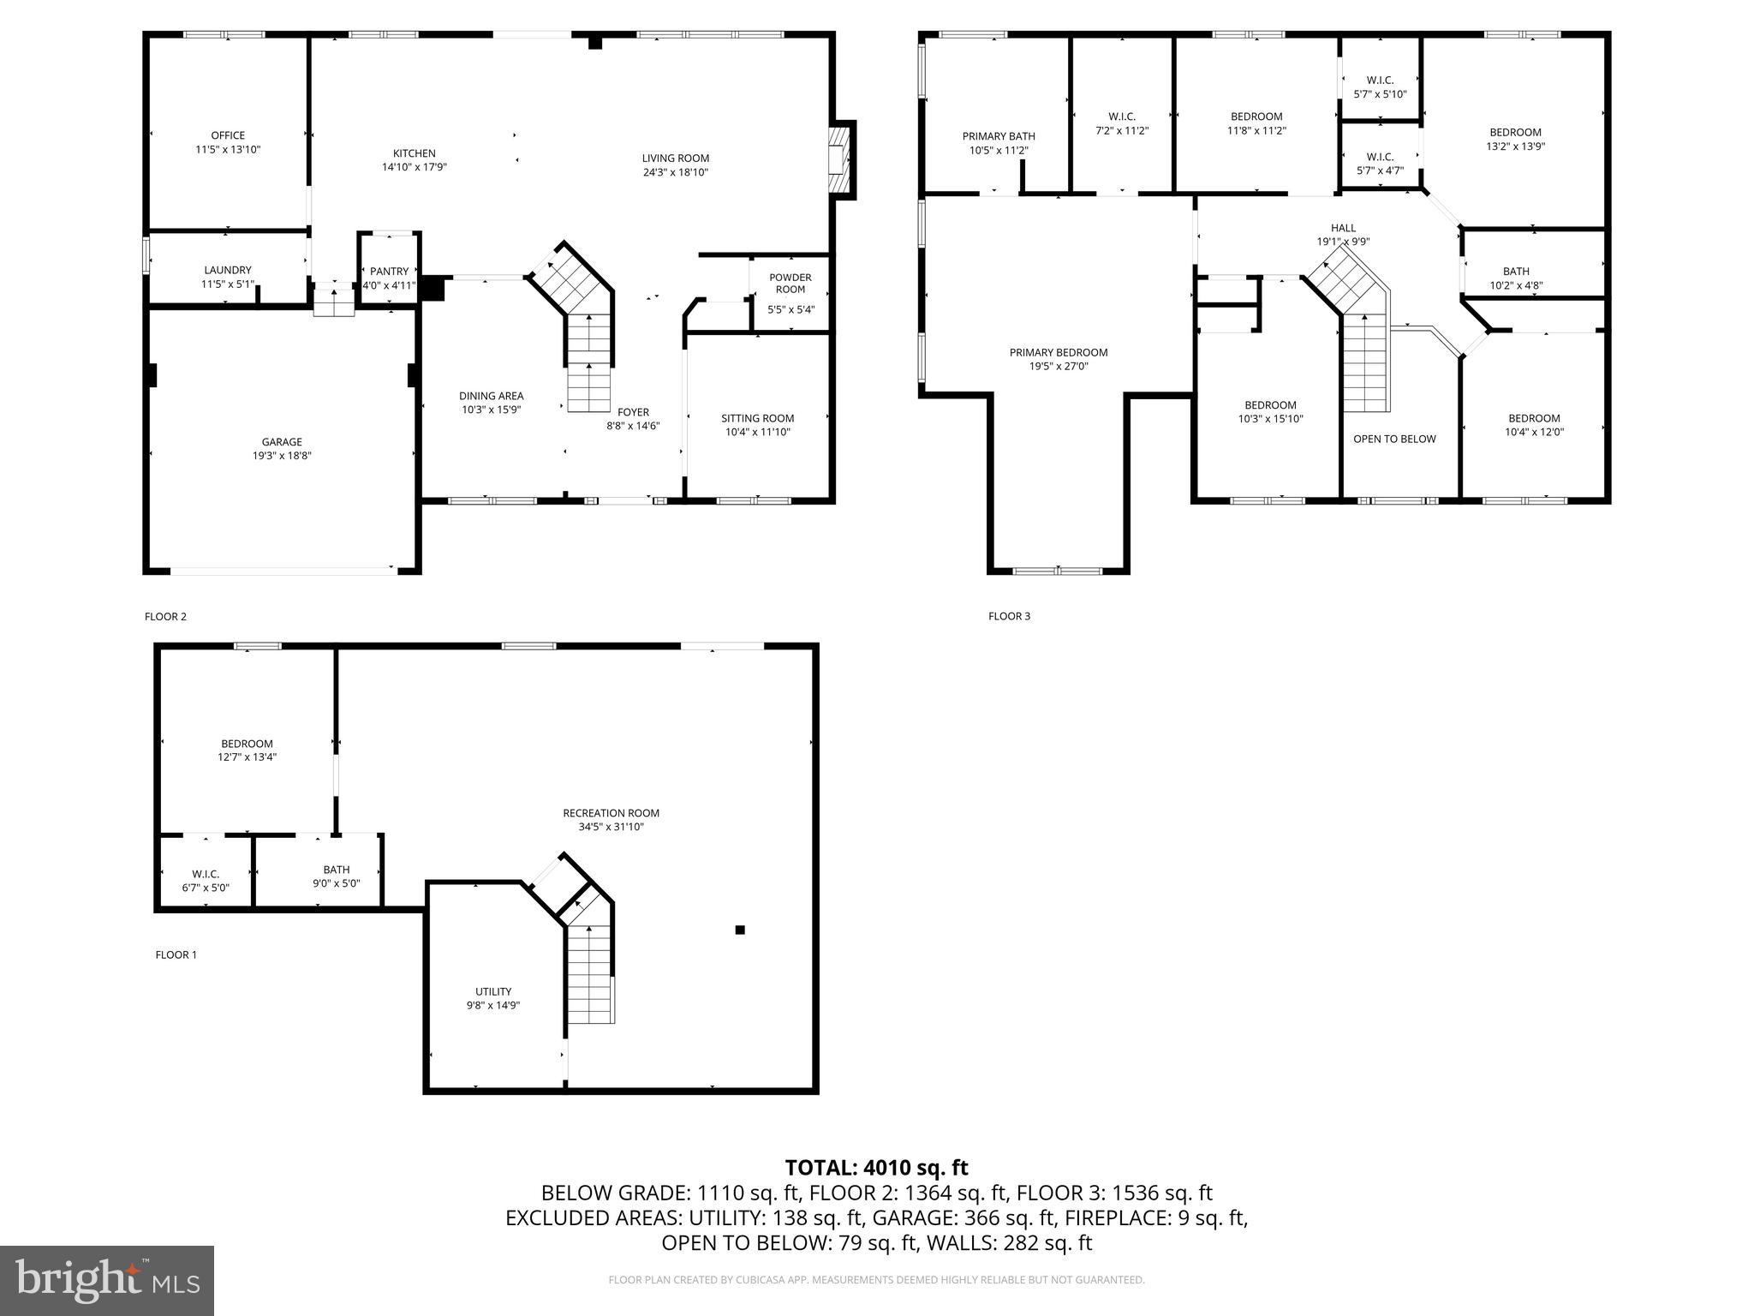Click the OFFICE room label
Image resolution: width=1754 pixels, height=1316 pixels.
[x=228, y=135]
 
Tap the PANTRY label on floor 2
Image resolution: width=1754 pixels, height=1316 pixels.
[x=390, y=272]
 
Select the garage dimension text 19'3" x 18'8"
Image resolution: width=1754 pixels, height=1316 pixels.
[x=282, y=456]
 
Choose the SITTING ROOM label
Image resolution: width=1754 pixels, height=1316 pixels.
[x=757, y=418]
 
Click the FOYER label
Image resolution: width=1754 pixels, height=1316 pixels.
[x=633, y=412]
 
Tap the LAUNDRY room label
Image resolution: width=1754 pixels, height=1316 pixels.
[x=228, y=270]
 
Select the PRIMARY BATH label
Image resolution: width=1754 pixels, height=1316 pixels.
[x=999, y=136]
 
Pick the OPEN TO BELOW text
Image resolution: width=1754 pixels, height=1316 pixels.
[x=1394, y=439]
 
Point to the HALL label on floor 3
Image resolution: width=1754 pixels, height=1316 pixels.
[x=1343, y=228]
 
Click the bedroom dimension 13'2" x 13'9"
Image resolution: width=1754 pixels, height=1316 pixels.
[x=1515, y=147]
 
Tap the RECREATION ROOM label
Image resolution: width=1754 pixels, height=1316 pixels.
[x=611, y=813]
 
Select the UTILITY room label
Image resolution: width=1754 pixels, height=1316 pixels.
[x=493, y=991]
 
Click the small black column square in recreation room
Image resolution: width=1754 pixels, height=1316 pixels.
[x=740, y=930]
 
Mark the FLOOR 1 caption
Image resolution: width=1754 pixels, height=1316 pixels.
[x=176, y=954]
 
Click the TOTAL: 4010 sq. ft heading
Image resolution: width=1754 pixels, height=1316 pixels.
[x=876, y=1167]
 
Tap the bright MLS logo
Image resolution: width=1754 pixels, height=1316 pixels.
[x=107, y=1281]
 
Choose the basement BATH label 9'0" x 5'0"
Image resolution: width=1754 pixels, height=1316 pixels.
[x=336, y=870]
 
